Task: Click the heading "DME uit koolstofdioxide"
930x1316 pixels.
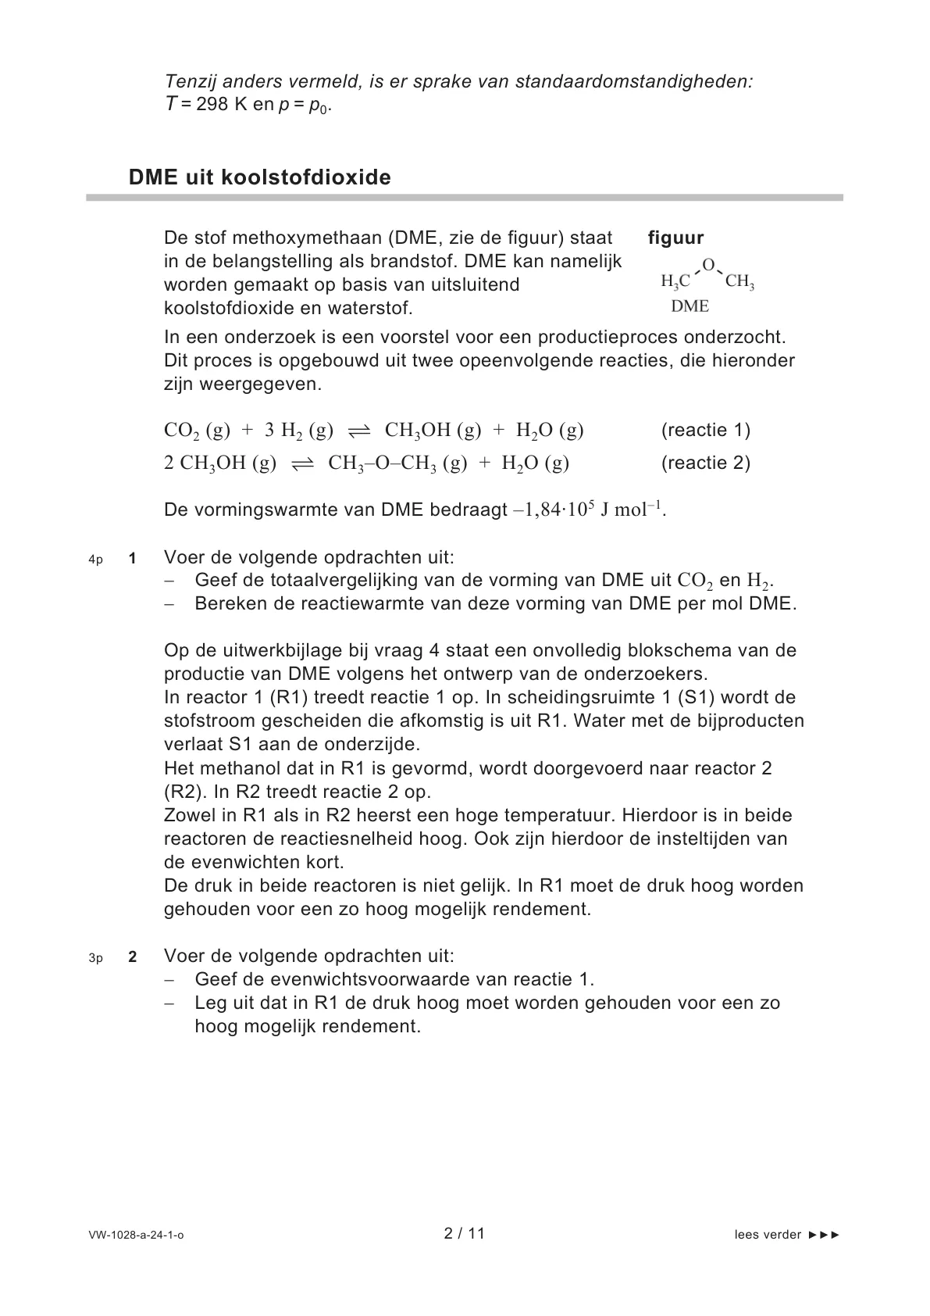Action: click(259, 177)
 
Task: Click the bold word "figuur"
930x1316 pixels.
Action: click(675, 238)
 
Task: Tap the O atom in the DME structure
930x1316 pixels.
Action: click(707, 265)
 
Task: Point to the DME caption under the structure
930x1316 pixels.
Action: click(689, 306)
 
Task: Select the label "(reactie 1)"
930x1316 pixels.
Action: click(705, 430)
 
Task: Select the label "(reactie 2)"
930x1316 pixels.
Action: click(705, 463)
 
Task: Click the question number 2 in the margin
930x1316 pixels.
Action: click(133, 957)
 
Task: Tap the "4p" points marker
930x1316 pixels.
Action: click(95, 560)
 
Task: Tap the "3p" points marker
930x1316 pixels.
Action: click(95, 958)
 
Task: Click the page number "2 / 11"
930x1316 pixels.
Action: click(465, 1233)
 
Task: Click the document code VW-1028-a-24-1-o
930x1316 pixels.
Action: click(137, 1235)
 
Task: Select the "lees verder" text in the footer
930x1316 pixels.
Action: click(768, 1235)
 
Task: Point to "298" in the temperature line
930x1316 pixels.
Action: click(212, 105)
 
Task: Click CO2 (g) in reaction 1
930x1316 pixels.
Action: click(197, 431)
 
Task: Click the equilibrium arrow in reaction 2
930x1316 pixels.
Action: click(301, 464)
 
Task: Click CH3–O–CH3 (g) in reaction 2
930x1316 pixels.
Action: click(397, 463)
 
